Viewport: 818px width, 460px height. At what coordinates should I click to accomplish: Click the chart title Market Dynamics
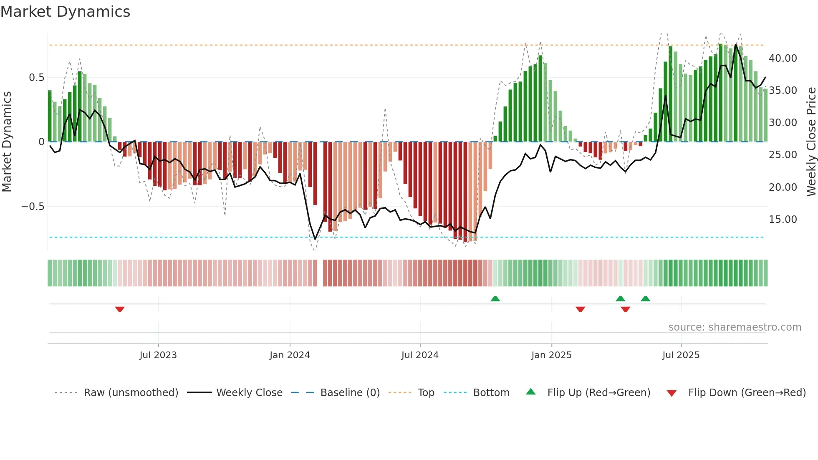coord(65,12)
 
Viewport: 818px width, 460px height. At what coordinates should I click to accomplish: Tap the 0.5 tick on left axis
coord(36,78)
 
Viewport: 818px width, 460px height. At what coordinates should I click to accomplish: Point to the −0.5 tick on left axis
coord(33,207)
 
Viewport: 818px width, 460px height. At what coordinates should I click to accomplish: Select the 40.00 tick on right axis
coord(783,58)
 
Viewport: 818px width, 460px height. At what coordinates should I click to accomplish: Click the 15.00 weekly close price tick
coord(783,220)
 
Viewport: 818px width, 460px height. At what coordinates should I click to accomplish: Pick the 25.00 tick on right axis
coord(783,155)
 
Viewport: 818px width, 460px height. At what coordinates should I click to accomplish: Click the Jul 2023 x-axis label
coord(158,355)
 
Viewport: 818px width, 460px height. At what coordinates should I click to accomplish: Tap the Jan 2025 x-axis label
coord(551,355)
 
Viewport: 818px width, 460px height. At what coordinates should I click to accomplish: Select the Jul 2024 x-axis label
coord(420,355)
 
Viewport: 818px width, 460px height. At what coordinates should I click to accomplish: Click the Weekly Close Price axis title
coord(811,142)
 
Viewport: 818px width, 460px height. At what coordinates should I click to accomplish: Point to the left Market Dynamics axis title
coord(7,142)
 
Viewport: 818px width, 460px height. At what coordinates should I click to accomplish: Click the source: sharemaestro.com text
coord(735,327)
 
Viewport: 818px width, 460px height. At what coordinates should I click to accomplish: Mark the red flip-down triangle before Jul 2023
coord(120,309)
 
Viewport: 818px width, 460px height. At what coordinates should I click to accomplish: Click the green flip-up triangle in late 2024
coord(495,298)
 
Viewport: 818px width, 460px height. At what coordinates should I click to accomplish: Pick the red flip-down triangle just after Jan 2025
coord(580,309)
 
